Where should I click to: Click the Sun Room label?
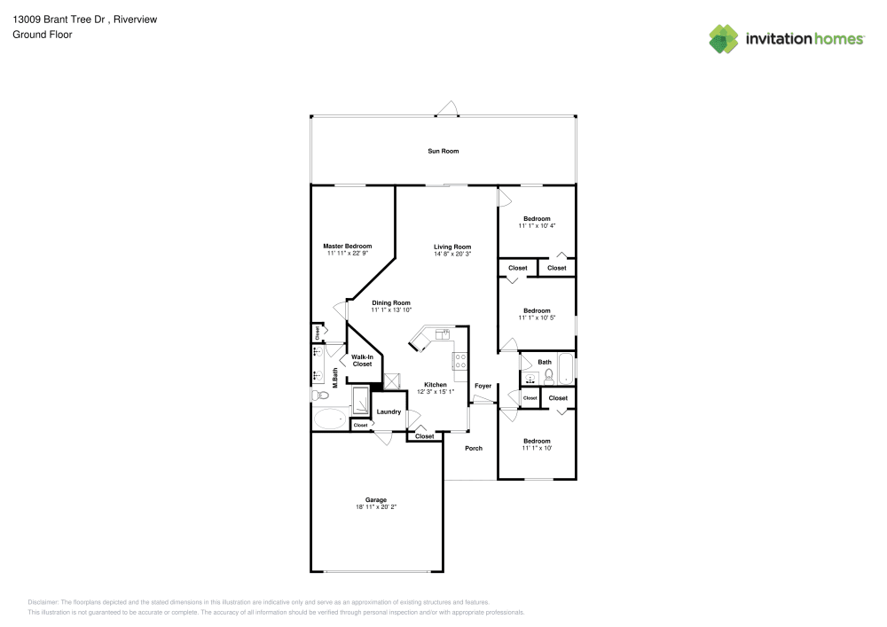pyautogui.click(x=443, y=151)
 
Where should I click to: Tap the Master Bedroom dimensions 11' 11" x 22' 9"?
pyautogui.click(x=347, y=253)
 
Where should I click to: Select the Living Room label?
pyautogui.click(x=451, y=247)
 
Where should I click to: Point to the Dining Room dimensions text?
pyautogui.click(x=390, y=310)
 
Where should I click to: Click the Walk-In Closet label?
pyautogui.click(x=362, y=360)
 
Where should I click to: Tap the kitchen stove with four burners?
pyautogui.click(x=460, y=361)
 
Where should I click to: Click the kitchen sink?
pyautogui.click(x=441, y=333)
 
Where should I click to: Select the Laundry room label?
pyautogui.click(x=389, y=411)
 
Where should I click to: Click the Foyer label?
pyautogui.click(x=483, y=386)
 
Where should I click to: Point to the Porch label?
pyautogui.click(x=474, y=448)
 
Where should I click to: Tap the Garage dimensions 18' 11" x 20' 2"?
pyautogui.click(x=375, y=507)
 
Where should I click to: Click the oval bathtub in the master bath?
pyautogui.click(x=331, y=419)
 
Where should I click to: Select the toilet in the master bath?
pyautogui.click(x=318, y=395)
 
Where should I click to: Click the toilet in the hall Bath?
pyautogui.click(x=549, y=375)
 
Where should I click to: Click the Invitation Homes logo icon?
pyautogui.click(x=724, y=38)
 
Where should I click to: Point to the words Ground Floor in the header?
pyautogui.click(x=42, y=35)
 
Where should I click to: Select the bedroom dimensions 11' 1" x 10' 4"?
pyautogui.click(x=537, y=226)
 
